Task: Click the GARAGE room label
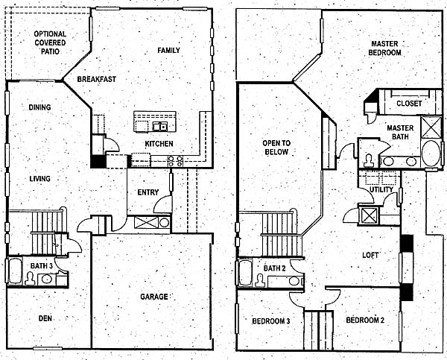click(154, 297)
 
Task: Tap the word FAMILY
click(169, 51)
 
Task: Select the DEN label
click(45, 318)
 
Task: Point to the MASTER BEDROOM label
click(384, 48)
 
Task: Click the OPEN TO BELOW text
click(276, 148)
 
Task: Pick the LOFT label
click(370, 255)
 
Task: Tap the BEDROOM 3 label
click(271, 321)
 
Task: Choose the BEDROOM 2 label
click(365, 320)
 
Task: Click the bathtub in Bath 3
click(15, 271)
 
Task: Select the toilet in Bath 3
click(30, 279)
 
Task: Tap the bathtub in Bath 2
click(245, 273)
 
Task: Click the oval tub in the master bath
click(431, 154)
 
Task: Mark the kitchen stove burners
click(175, 161)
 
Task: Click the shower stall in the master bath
click(431, 127)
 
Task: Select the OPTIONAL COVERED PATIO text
click(50, 42)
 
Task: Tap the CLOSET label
click(409, 104)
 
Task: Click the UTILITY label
click(381, 189)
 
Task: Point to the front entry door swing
click(163, 204)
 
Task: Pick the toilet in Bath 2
click(260, 280)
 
